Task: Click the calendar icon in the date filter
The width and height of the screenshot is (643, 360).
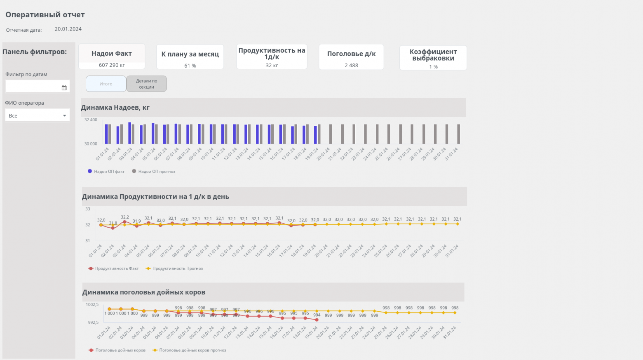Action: pyautogui.click(x=64, y=88)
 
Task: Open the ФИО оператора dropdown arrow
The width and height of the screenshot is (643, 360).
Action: pyautogui.click(x=64, y=116)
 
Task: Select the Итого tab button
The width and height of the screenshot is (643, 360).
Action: pyautogui.click(x=106, y=84)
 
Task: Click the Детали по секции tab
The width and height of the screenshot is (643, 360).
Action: pyautogui.click(x=146, y=84)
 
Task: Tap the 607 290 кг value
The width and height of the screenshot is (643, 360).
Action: pyautogui.click(x=112, y=65)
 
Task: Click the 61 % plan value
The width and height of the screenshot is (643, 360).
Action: pyautogui.click(x=190, y=66)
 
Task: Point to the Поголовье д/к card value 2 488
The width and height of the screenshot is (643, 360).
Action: pyautogui.click(x=351, y=66)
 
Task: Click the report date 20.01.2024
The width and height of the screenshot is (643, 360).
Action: pyautogui.click(x=68, y=29)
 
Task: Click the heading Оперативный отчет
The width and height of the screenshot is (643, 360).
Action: pyautogui.click(x=45, y=15)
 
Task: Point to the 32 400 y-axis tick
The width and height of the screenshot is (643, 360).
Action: pyautogui.click(x=91, y=120)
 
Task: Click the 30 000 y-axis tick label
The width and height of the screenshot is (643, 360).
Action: pyautogui.click(x=91, y=144)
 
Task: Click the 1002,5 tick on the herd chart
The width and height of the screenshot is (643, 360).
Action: pyautogui.click(x=92, y=305)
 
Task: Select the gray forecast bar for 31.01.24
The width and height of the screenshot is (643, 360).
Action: pyautogui.click(x=458, y=134)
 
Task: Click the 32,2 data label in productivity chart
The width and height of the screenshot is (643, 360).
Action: pyautogui.click(x=125, y=217)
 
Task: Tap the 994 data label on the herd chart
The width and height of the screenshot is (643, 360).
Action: pyautogui.click(x=317, y=315)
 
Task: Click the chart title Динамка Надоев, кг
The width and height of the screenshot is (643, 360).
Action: pyautogui.click(x=115, y=108)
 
